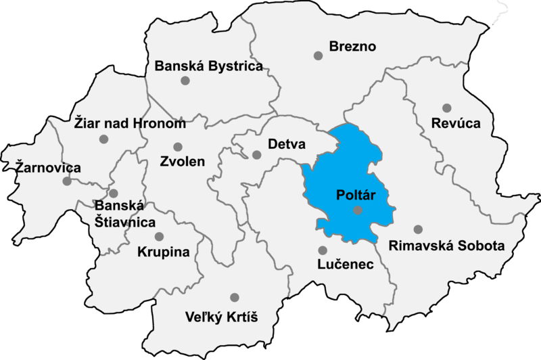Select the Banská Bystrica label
point(208,66)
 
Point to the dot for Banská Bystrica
point(185,81)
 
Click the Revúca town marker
point(446,108)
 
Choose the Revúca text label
point(458,124)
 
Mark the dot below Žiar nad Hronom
point(103,139)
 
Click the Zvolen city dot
point(178,147)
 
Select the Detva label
point(287,145)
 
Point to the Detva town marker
point(256,154)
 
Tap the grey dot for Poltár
point(358,211)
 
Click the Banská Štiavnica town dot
point(114,194)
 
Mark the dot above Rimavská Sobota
point(418,229)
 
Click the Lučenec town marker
point(322,250)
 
